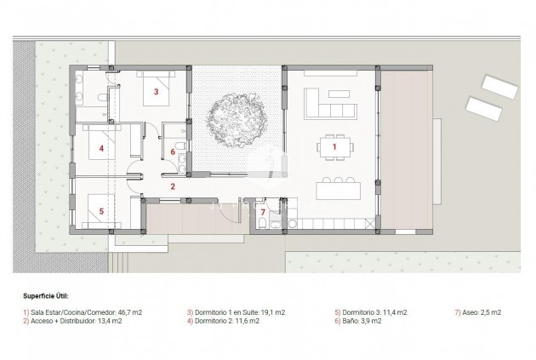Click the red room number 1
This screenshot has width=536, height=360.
click(x=334, y=147)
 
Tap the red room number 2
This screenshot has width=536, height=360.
click(x=172, y=186)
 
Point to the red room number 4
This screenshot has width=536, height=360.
click(x=101, y=148)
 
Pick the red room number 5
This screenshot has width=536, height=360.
click(x=101, y=210)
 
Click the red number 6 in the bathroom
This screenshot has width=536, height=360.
click(x=173, y=152)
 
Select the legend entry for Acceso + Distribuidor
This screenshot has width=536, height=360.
click(x=74, y=321)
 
